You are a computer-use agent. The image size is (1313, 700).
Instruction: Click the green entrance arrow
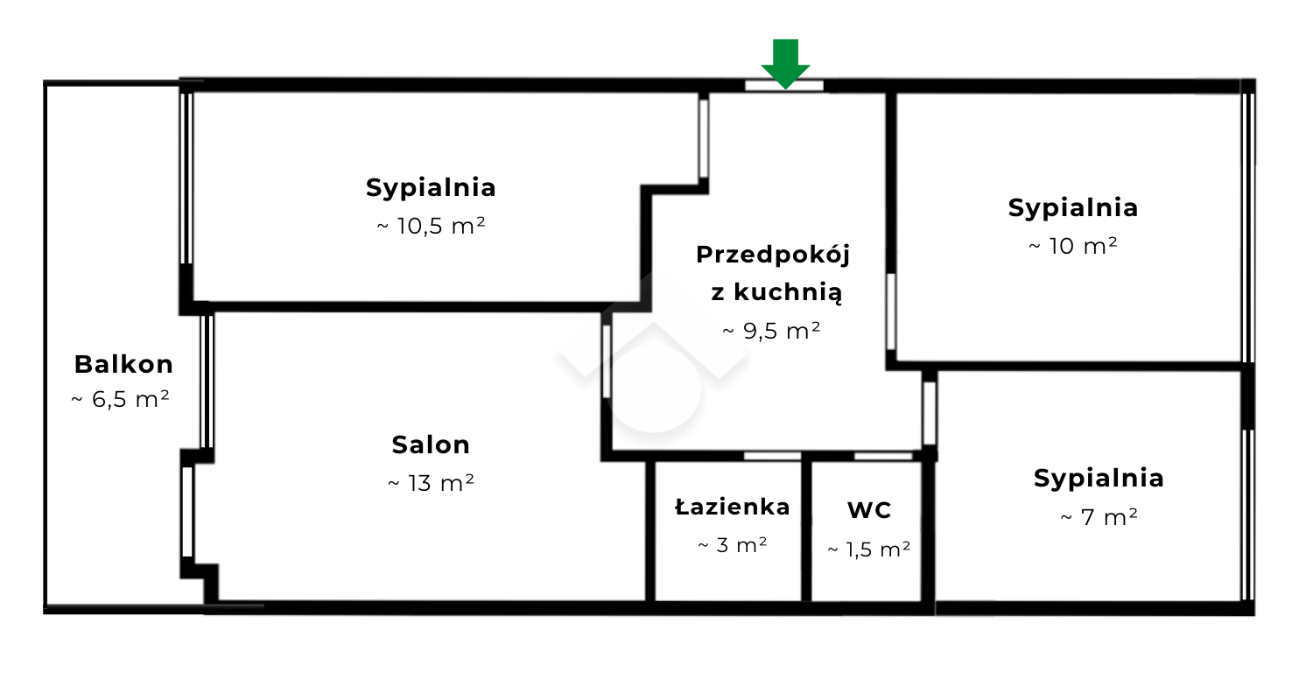[x=785, y=63]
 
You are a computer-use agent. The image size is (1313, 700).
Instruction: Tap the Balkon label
[x=123, y=364]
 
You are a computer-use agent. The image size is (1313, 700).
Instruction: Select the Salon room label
[x=431, y=445]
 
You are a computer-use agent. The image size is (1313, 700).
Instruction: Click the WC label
[x=869, y=510]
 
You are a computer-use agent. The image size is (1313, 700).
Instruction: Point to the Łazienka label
[x=733, y=507]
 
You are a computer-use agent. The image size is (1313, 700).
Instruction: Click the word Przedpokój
[x=773, y=255]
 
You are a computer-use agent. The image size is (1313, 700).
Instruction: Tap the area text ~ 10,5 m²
[x=431, y=226]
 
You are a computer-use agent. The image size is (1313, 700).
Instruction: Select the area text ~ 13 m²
[x=431, y=483]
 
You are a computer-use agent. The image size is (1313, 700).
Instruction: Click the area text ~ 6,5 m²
[x=120, y=400]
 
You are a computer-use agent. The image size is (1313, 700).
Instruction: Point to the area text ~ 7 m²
[x=1099, y=517]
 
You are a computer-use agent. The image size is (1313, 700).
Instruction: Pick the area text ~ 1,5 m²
[x=869, y=549]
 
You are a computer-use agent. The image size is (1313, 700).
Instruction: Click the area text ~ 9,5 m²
[x=771, y=331]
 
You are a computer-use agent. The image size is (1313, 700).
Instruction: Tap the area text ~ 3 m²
[x=733, y=545]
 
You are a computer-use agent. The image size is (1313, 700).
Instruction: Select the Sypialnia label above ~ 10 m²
[x=1073, y=208]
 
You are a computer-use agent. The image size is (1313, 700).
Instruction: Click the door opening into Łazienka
[x=773, y=456]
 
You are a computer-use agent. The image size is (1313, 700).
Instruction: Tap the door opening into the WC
[x=883, y=456]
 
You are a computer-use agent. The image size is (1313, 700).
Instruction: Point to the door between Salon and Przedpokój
[x=607, y=362]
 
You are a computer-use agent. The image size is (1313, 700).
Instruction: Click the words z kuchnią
[x=776, y=292]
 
